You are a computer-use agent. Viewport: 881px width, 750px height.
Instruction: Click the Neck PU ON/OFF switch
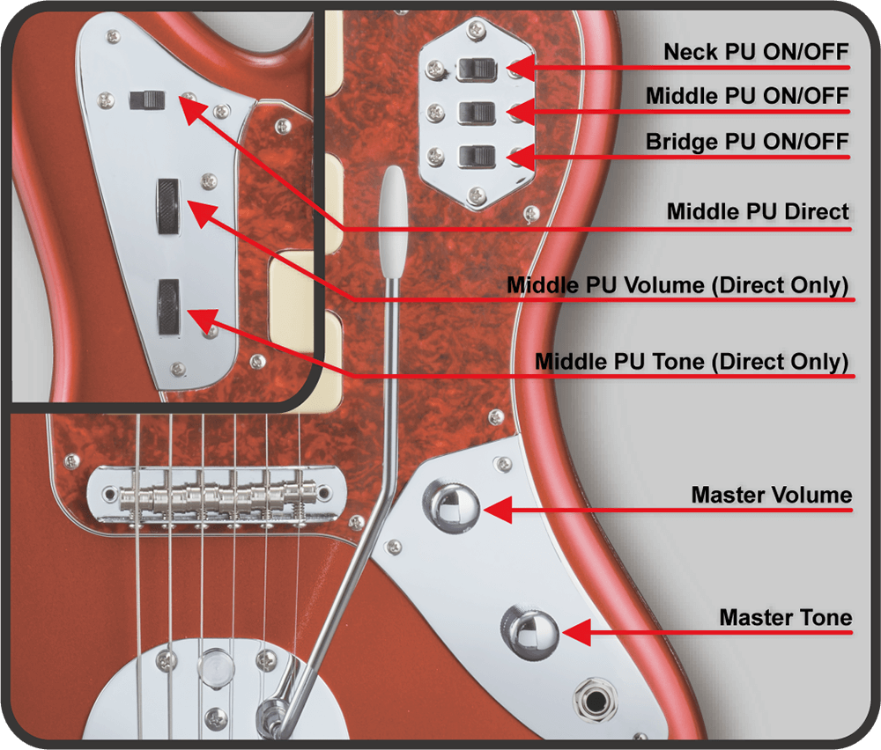[477, 70]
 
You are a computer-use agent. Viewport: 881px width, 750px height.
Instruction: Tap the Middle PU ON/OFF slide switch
[477, 113]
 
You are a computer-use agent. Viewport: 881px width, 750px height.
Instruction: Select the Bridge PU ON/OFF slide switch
[477, 156]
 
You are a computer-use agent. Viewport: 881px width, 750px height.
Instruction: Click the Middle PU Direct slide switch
[147, 100]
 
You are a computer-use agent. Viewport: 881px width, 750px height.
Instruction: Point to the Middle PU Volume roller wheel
[168, 206]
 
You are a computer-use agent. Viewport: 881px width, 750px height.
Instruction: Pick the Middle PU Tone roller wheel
[168, 306]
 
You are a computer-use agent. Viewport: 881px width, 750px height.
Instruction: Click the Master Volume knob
[452, 508]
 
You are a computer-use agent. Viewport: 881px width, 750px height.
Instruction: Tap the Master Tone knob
[529, 632]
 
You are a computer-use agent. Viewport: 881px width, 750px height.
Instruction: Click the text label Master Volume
[772, 495]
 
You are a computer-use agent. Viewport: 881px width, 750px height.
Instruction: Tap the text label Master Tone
[786, 617]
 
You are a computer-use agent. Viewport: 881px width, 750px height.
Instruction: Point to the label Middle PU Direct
[758, 211]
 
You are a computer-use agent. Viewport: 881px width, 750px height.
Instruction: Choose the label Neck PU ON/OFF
[756, 52]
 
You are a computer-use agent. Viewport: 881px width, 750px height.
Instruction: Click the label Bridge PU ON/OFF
[747, 142]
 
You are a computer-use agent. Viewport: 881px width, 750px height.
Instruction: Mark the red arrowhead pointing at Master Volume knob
[497, 510]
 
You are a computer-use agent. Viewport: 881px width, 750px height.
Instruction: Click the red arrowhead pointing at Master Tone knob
[576, 633]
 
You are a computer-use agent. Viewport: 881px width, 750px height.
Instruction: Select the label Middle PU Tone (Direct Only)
[692, 362]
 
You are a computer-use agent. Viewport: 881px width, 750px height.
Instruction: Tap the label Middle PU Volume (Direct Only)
[677, 285]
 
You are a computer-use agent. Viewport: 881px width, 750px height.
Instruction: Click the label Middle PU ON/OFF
[747, 96]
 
